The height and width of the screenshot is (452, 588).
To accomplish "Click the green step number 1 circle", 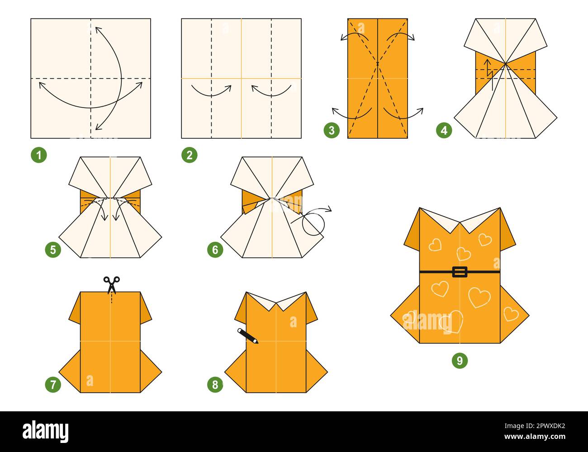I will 39,155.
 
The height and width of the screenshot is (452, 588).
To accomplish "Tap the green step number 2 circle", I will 189,155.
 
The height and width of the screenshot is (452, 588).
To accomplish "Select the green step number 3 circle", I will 332,131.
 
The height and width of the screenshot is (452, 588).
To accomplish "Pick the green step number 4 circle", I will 444,131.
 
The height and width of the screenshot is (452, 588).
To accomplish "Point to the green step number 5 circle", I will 53,250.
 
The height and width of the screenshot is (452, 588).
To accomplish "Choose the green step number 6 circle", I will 215,250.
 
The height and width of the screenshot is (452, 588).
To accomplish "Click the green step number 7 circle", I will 53,385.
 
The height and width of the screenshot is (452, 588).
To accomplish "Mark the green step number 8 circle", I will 215,385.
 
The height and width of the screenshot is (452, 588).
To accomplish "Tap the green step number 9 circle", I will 460,360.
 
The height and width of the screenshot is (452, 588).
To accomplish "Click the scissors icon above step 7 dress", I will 111,284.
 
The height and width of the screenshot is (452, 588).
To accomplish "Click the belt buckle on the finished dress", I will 460,272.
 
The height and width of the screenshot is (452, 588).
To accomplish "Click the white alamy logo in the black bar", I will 45,431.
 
